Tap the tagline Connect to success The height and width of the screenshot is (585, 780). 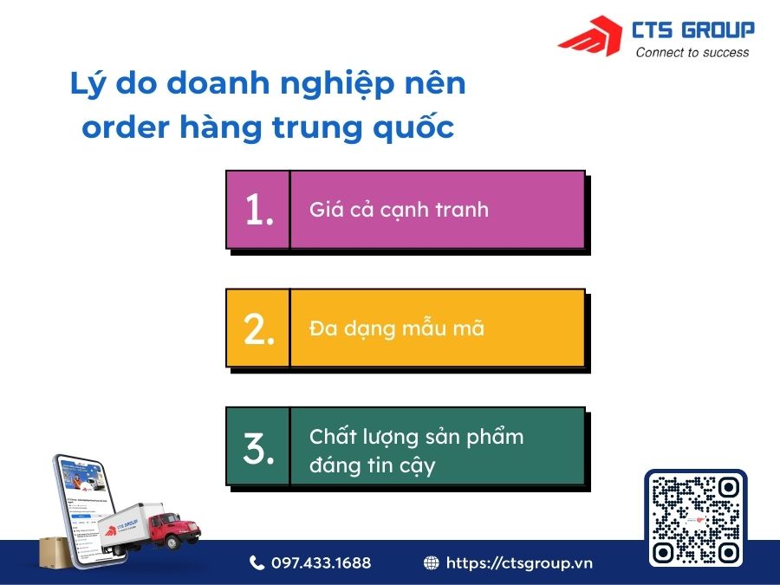[692, 53]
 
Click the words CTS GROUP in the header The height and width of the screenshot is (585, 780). [694, 30]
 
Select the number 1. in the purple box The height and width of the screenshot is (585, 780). [258, 211]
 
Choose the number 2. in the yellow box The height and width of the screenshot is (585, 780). [258, 329]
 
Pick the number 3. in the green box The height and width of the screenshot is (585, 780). [258, 447]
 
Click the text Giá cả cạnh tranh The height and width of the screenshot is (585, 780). [399, 210]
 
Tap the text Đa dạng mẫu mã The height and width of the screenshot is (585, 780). [396, 329]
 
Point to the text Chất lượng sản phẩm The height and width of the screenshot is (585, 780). [416, 436]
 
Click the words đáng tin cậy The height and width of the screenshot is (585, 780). [372, 465]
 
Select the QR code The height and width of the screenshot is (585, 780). [696, 518]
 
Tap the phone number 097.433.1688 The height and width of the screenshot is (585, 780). [321, 563]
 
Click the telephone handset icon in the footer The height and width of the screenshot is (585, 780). [257, 563]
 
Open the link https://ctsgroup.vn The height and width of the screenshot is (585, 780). [519, 563]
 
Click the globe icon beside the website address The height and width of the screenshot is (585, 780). [432, 563]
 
